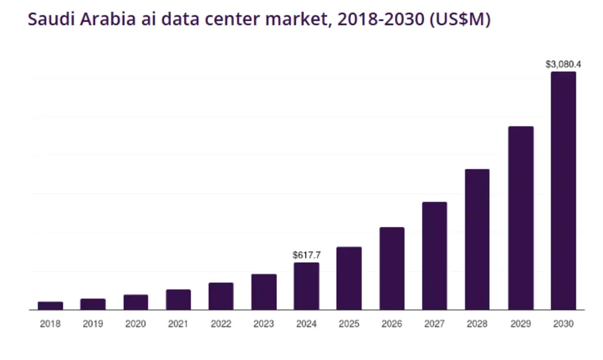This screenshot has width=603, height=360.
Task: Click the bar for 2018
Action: pyautogui.click(x=50, y=306)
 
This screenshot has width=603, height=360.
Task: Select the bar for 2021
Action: pyautogui.click(x=178, y=299)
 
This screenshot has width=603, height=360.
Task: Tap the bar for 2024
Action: pyautogui.click(x=306, y=286)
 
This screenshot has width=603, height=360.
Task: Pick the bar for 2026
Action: pyautogui.click(x=392, y=269)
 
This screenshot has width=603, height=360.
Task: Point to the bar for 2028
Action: pyautogui.click(x=477, y=239)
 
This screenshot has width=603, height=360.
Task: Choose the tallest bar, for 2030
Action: pyautogui.click(x=563, y=191)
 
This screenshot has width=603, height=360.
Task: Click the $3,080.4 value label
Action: pyautogui.click(x=564, y=64)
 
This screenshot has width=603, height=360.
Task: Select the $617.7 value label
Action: pyautogui.click(x=306, y=255)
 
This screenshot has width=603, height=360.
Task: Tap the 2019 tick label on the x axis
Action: pyautogui.click(x=93, y=324)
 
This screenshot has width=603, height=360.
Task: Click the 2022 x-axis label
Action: pyautogui.click(x=221, y=324)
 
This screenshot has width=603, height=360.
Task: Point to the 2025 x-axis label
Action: pyautogui.click(x=349, y=324)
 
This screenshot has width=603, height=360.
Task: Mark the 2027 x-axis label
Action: pyautogui.click(x=435, y=324)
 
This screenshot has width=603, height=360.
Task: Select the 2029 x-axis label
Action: pyautogui.click(x=520, y=324)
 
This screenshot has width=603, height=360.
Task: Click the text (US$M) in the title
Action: pyautogui.click(x=460, y=19)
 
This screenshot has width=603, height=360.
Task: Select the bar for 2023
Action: pyautogui.click(x=264, y=292)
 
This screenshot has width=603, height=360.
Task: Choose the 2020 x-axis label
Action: pyautogui.click(x=135, y=324)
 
